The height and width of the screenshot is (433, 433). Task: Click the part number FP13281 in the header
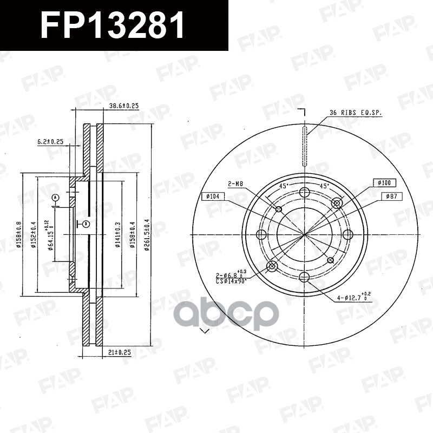(113, 25)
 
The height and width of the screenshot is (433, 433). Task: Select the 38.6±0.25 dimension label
(124, 106)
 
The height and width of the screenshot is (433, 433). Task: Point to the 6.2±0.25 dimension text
(50, 142)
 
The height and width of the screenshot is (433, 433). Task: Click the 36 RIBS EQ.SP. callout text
(356, 113)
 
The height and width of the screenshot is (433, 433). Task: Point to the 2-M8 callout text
(235, 183)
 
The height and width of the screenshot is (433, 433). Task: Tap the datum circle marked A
(55, 198)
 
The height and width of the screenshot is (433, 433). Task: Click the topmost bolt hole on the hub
(304, 192)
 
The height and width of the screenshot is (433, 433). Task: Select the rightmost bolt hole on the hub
(347, 234)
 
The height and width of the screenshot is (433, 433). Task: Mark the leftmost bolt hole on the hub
(261, 234)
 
